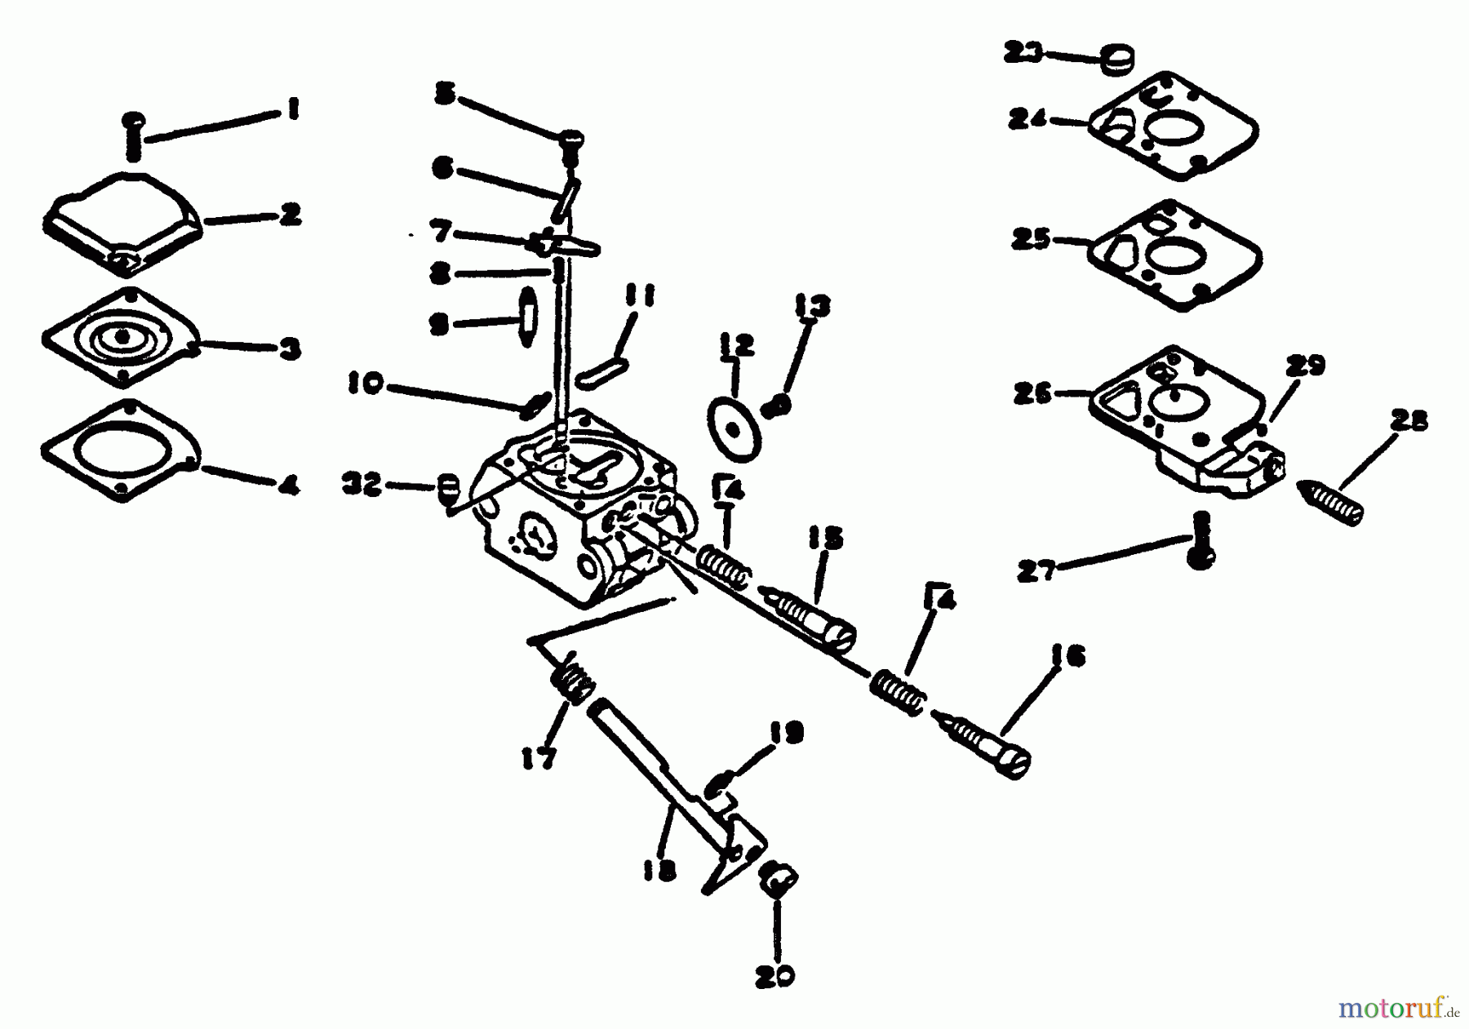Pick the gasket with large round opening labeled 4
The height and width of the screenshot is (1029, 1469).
point(121,450)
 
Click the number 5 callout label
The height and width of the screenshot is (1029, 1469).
point(445,95)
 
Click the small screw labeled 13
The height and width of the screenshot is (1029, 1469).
point(779,404)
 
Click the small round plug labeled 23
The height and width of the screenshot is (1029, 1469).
point(1119,60)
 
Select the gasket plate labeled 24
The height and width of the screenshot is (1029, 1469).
point(1173,126)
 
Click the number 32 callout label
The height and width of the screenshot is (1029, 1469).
point(362,485)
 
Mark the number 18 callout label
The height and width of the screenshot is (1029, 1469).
point(659,872)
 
